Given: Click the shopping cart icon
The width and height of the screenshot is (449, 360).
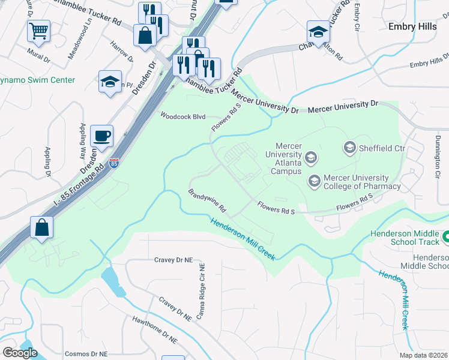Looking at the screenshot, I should click(38, 31).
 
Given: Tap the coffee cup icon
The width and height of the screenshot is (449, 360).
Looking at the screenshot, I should click(101, 136).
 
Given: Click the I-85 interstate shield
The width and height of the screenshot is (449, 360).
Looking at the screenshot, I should click(115, 163).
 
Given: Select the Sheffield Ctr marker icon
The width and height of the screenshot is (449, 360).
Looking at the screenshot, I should click(349, 146).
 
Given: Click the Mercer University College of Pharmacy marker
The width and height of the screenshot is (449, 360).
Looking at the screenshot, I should click(313, 181).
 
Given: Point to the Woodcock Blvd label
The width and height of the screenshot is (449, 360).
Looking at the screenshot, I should click(182, 116).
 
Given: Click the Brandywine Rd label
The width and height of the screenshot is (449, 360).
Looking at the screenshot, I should click(206, 202).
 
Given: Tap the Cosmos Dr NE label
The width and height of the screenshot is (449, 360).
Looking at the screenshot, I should click(86, 354).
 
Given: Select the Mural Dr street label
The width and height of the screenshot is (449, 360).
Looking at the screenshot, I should click(39, 52).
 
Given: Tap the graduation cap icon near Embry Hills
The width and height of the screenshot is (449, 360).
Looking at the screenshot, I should click(318, 32).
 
